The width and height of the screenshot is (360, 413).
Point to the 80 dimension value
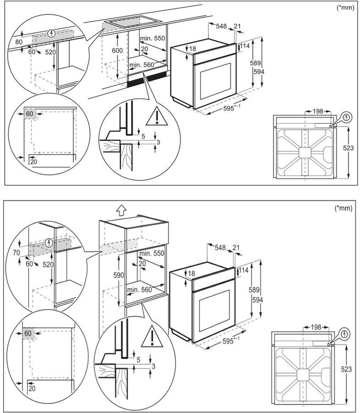click(x=18, y=42)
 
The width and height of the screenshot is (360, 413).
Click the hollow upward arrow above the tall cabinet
click(x=121, y=210)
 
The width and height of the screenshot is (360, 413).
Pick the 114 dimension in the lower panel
click(x=244, y=271)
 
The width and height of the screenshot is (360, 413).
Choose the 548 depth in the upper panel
click(x=222, y=26)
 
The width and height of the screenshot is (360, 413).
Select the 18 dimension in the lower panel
click(x=191, y=273)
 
